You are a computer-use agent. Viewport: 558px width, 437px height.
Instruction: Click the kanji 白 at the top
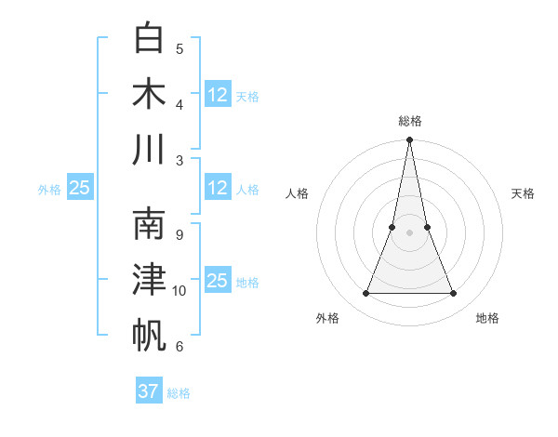pos(150,38)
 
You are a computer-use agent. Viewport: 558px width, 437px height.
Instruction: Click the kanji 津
pos(150,279)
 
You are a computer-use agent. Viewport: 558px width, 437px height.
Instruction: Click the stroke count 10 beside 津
pos(179,291)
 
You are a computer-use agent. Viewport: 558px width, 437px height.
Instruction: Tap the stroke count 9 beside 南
pos(179,235)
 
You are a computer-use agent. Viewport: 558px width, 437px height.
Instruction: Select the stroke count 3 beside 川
pos(179,161)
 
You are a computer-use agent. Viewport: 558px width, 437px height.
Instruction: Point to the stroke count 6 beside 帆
pos(179,347)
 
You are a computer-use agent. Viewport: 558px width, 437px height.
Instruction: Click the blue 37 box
pos(149,391)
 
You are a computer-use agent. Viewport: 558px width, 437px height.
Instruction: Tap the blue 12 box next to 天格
pos(218,94)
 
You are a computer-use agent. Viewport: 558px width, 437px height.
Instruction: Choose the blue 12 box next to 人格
pos(218,188)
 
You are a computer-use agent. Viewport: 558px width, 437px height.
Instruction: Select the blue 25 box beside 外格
pos(79,188)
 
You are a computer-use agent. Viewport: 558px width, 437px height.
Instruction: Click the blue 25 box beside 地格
pos(218,280)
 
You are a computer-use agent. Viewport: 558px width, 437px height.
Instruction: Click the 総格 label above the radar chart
pos(409,121)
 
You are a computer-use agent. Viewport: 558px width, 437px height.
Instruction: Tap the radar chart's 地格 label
pos(487,318)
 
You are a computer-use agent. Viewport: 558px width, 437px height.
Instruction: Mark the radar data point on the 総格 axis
pos(409,141)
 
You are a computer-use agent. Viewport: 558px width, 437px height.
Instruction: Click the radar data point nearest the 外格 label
pos(365,294)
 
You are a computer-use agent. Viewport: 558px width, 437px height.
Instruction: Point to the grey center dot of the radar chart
pos(409,232)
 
